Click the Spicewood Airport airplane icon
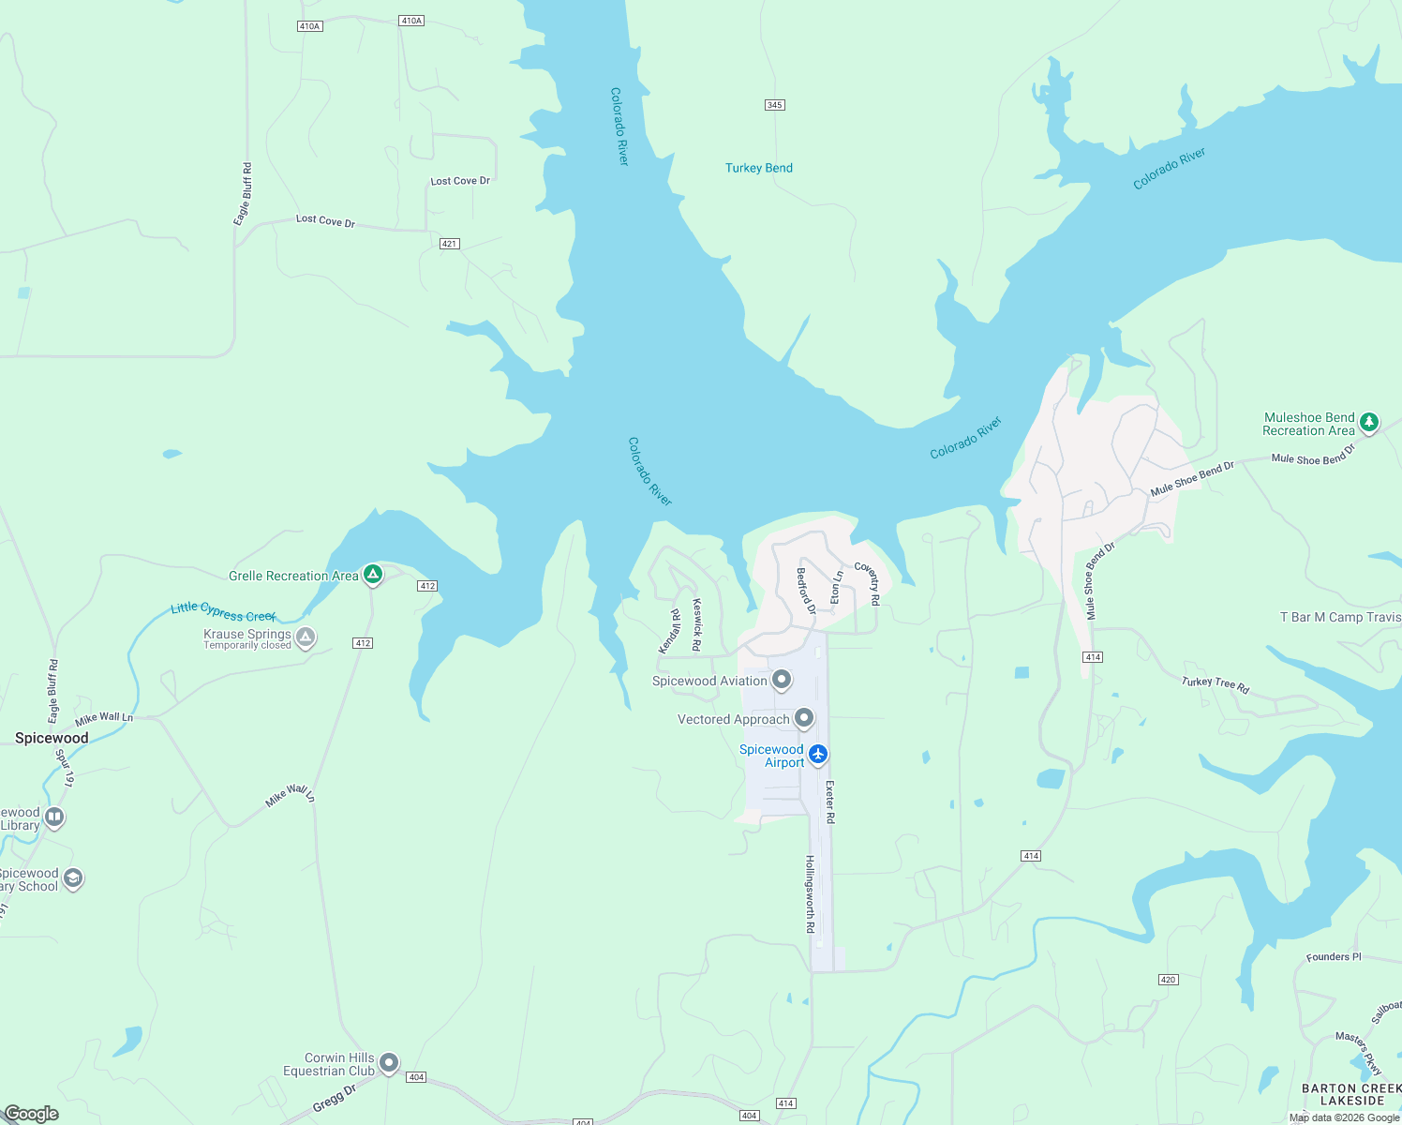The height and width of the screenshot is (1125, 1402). tap(818, 754)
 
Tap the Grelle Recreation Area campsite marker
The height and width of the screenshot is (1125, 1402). tap(373, 575)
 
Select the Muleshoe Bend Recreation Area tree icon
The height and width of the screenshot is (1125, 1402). tap(1369, 423)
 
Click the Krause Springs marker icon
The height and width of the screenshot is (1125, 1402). tap(305, 637)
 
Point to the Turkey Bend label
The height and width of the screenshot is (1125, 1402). tap(758, 168)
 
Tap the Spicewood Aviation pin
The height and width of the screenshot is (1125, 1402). tap(782, 680)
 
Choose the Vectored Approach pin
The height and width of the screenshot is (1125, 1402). tap(804, 718)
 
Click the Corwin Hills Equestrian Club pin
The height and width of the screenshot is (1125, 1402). tap(389, 1063)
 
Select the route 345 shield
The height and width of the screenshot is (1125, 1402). tap(774, 105)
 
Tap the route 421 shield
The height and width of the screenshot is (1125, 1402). tap(449, 244)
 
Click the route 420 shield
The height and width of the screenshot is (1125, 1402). tap(1168, 980)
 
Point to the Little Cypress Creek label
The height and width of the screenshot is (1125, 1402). tap(223, 612)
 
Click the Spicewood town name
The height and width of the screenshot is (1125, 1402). tap(52, 738)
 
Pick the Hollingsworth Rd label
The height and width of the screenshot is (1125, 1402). tap(811, 893)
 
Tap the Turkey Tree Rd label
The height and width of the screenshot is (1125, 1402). tap(1216, 684)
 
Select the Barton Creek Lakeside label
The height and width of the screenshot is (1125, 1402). tap(1351, 1094)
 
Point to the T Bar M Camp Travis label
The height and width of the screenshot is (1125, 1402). tap(1340, 617)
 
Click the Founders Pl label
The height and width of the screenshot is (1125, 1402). tap(1334, 957)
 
